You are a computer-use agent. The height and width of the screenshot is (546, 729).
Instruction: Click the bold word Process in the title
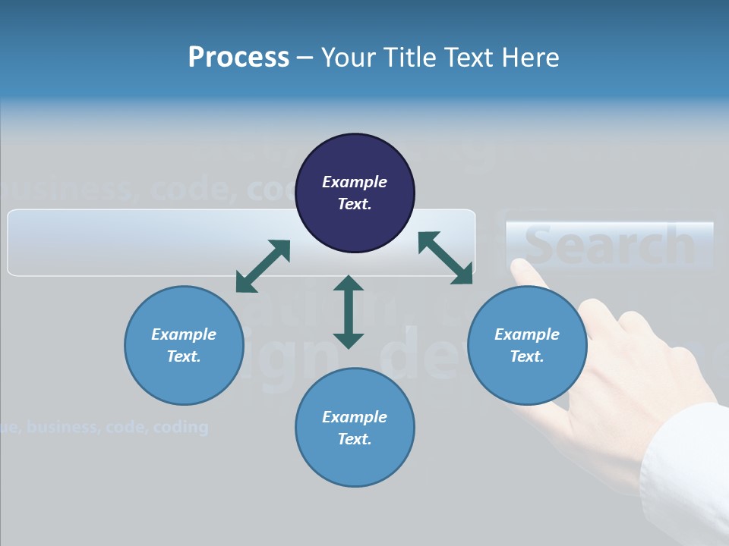click(x=238, y=57)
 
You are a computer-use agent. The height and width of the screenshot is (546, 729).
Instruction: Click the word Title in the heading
click(x=409, y=57)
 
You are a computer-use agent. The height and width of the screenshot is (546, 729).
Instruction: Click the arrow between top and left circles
click(x=263, y=266)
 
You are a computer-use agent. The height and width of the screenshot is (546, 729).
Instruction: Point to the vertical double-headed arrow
click(x=349, y=312)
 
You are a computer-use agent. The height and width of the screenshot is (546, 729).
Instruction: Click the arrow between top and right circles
click(x=445, y=258)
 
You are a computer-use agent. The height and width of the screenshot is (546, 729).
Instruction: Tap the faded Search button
click(x=610, y=245)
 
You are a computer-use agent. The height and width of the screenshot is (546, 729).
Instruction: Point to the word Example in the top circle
click(x=355, y=182)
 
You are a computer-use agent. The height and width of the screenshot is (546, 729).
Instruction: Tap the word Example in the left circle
click(x=184, y=334)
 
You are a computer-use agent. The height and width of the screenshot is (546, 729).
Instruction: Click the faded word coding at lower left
click(x=180, y=427)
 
